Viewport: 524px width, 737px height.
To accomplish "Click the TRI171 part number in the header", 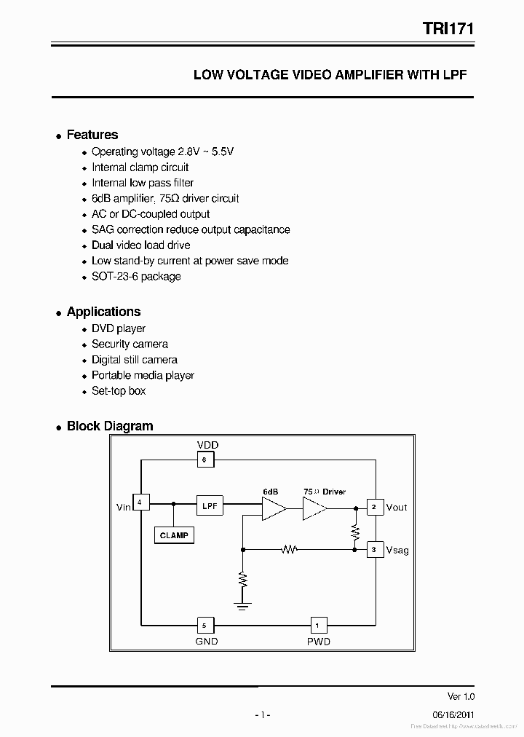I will [448, 28].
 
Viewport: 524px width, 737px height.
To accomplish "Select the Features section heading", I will [92, 135].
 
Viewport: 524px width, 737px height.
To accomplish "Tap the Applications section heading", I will [103, 312].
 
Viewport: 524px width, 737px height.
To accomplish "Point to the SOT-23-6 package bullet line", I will [136, 277].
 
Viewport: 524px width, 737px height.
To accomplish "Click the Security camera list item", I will [130, 344].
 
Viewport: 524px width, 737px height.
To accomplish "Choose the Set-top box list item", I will [119, 391].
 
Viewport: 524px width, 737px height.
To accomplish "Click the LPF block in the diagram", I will [210, 505].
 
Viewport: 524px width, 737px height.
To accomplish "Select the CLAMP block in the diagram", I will [174, 535].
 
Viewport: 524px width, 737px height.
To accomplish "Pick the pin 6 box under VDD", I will [205, 460].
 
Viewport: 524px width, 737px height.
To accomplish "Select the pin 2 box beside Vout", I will [374, 507].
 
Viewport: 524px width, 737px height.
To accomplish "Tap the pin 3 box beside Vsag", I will [374, 550].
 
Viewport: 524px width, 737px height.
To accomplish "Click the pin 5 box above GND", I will [205, 625].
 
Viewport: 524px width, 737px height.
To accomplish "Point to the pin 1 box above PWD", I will [317, 625].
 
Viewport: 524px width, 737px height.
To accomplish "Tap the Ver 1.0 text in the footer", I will [460, 696].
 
